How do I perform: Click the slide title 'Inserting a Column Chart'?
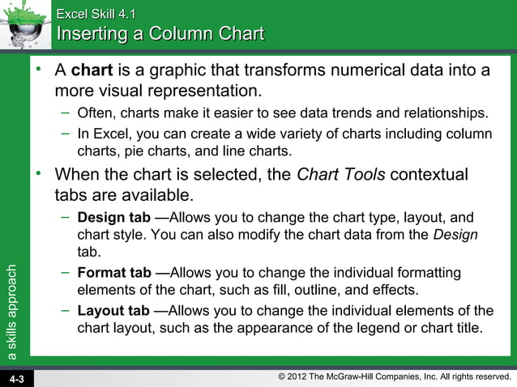[160, 34]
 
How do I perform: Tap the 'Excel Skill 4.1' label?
[96, 13]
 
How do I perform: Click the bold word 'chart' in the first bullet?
[92, 70]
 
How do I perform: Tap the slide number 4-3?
[17, 378]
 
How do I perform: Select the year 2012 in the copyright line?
[305, 376]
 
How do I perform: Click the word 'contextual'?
[427, 174]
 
